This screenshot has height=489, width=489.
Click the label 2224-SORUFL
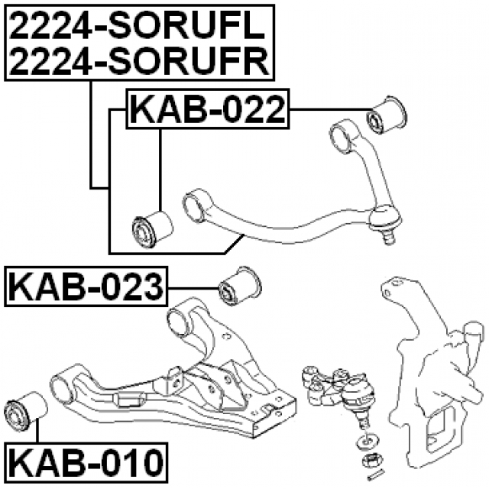click(x=137, y=27)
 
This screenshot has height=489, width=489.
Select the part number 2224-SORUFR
click(x=139, y=61)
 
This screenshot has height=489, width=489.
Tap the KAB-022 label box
click(x=208, y=108)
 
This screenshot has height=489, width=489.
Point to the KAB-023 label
click(x=86, y=287)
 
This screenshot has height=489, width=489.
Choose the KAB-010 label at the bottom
click(x=86, y=462)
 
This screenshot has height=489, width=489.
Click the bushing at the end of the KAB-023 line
click(x=240, y=286)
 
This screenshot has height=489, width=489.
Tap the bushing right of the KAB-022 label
click(x=387, y=115)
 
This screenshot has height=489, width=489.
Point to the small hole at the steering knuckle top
click(x=388, y=293)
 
